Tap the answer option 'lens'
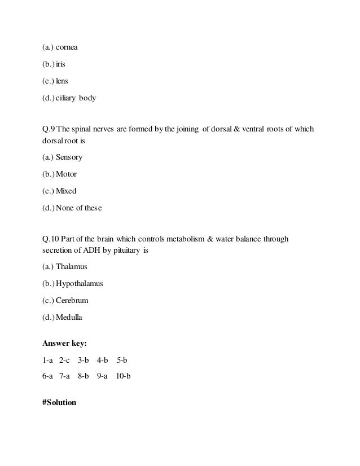(62, 81)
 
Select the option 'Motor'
(66, 174)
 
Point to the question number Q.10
(50, 239)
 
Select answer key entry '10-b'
(123, 375)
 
